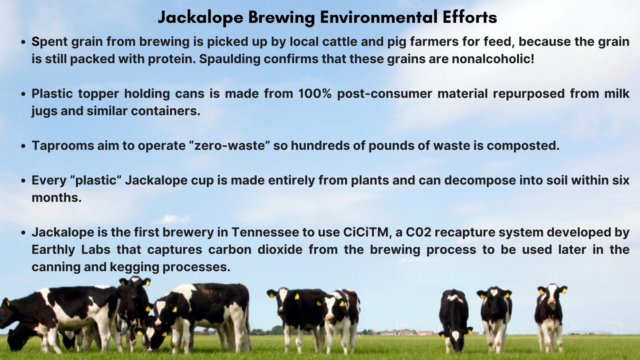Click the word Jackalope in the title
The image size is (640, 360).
coord(200,18)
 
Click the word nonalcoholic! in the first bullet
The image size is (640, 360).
coord(493,59)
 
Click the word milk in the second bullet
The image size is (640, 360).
coord(616,94)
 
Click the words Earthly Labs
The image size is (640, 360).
coord(71,250)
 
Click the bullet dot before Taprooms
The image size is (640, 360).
coord(23,146)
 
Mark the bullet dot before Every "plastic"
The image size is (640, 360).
coord(23,181)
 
